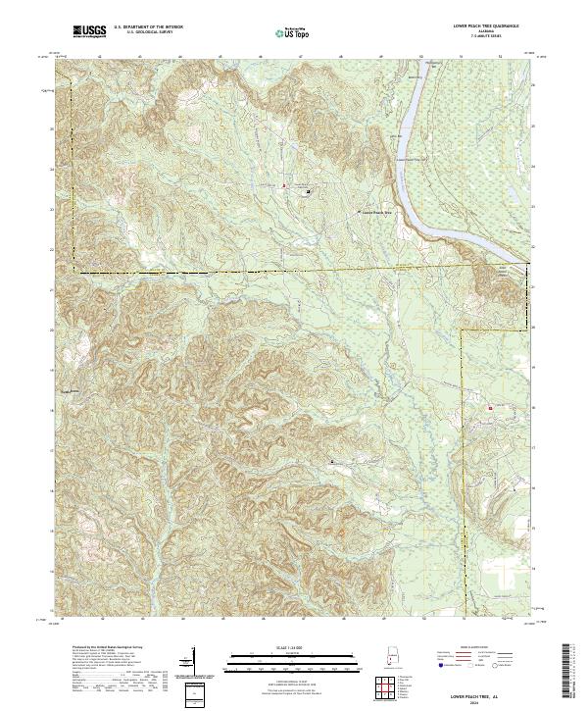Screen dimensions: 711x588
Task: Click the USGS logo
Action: coord(89,32)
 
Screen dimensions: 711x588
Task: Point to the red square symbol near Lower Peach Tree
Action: coord(283,185)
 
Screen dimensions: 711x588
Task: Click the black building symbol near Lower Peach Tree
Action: coord(309,192)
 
